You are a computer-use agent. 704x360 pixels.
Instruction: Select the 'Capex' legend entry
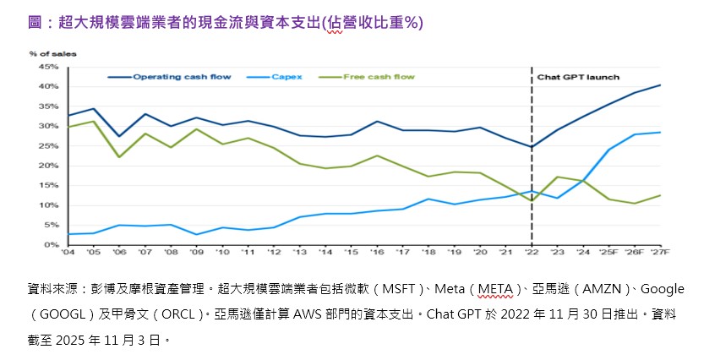pos(284,77)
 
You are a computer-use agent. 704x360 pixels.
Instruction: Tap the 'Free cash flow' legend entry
pos(379,77)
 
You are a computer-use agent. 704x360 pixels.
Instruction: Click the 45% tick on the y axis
pos(47,67)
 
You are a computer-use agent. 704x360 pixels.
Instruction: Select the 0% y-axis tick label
pos(51,245)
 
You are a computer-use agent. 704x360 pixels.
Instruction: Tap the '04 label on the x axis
pos(68,253)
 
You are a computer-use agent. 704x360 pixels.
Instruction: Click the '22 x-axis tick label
pos(532,253)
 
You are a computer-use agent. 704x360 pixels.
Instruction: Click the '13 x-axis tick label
pos(300,253)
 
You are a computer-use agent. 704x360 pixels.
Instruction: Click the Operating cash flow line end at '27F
pos(660,85)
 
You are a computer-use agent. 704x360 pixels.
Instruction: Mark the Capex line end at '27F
pos(660,133)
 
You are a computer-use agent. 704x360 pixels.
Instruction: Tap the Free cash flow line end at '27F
pos(660,195)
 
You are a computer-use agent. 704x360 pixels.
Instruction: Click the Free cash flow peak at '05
pos(93,122)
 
